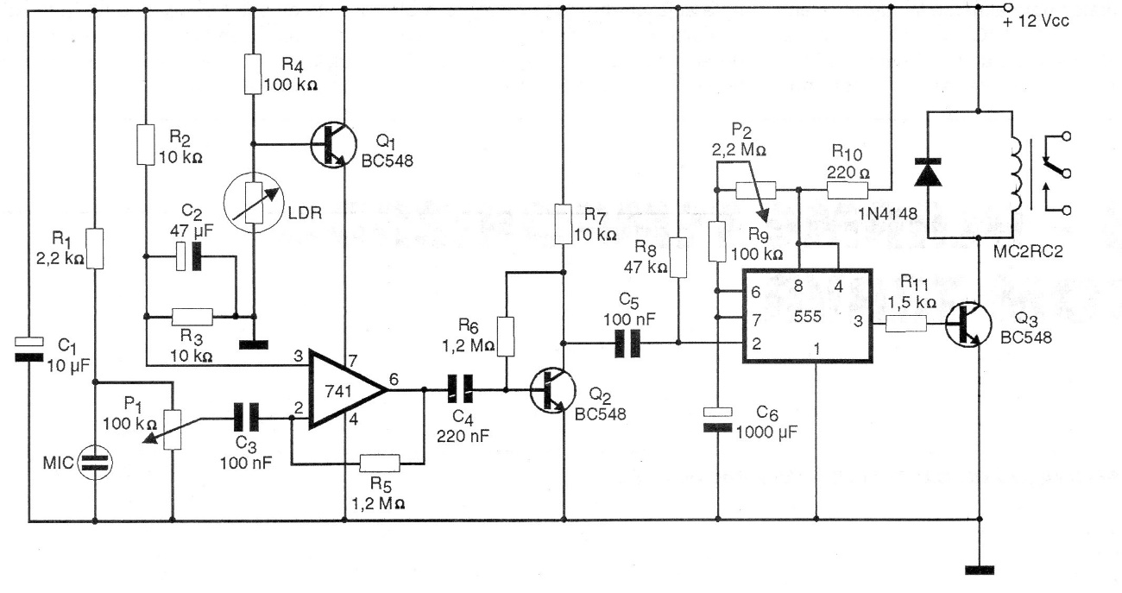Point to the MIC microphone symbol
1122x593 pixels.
click(95, 463)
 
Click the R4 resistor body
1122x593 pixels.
click(253, 74)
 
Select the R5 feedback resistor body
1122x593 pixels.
click(381, 463)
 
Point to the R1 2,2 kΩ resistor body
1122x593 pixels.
click(94, 249)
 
